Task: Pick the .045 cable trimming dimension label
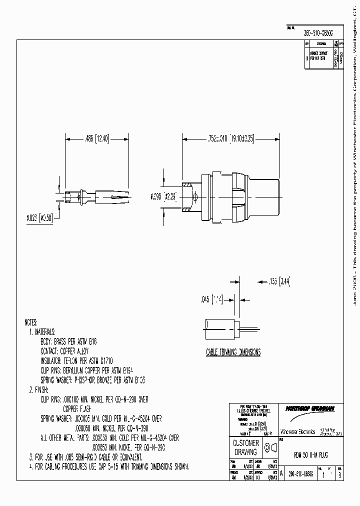point(210,299)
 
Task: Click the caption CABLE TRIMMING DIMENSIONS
point(233,352)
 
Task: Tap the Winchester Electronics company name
point(297,430)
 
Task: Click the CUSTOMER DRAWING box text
point(245,447)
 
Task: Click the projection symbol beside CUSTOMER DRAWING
point(270,447)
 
